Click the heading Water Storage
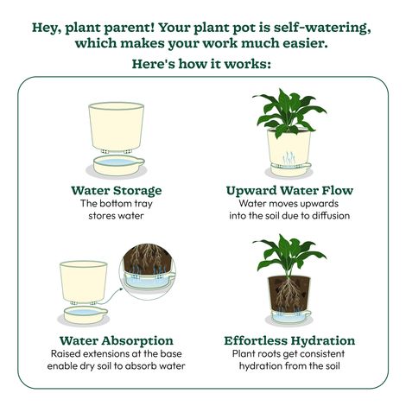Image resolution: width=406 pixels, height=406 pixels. [x=117, y=189]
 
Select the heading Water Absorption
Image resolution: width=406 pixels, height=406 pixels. [x=117, y=340]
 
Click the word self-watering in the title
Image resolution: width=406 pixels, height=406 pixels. [x=319, y=26]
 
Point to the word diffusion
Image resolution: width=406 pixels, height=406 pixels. [x=327, y=215]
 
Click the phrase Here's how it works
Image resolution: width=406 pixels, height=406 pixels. [x=202, y=64]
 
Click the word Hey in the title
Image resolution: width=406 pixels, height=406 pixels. [x=49, y=26]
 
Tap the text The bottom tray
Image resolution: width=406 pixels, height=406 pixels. [x=117, y=203]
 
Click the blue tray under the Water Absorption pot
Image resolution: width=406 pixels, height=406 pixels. [x=86, y=313]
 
